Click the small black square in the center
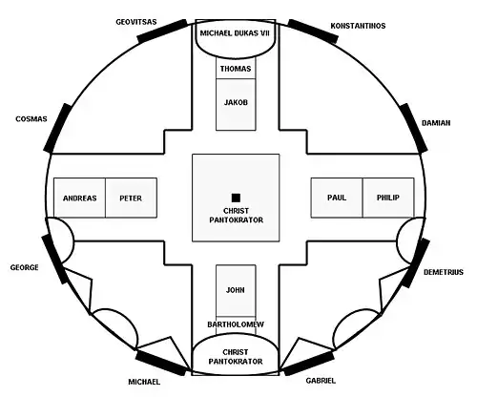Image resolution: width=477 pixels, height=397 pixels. pos(236,198)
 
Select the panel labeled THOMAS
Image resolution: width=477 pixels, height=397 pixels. pos(236,68)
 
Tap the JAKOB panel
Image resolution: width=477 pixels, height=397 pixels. pos(236,104)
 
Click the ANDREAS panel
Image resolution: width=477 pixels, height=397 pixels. pos(79,198)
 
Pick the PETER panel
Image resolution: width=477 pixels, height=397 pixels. pos(131,198)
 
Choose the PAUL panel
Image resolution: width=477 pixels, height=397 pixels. pos(337,198)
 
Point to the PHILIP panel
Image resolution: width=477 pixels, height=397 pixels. pos(388,198)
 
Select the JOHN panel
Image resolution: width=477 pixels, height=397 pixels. pos(236,290)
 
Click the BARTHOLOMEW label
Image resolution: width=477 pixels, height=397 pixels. pos(236,324)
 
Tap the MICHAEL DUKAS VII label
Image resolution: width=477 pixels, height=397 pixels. pos(235,33)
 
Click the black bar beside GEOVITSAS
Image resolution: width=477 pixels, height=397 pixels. pos(162,31)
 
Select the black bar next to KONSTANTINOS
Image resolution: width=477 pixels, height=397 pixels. pos(313,31)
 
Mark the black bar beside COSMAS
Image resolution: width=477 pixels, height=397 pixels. pos(58,128)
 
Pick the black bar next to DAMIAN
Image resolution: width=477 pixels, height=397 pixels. pos(413,128)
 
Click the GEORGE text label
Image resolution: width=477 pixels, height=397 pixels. pos(24,267)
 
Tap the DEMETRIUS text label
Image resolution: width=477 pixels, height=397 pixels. pos(444,272)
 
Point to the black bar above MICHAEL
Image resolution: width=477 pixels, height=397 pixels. pos(161,363)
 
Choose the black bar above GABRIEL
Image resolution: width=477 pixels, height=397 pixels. pos(309,363)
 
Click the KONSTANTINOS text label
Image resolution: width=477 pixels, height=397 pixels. pos(358,26)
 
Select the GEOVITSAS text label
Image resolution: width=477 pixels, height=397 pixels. pos(136,22)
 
